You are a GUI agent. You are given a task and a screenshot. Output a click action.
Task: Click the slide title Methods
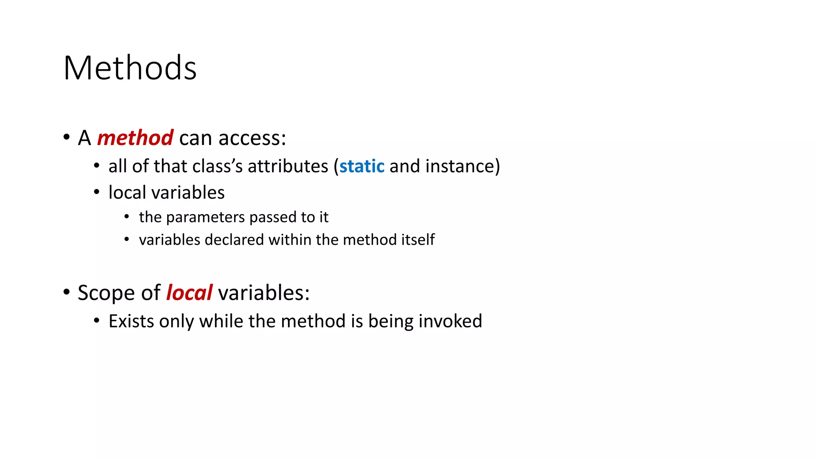(130, 68)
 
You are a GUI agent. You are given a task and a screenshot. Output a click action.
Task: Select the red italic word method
(135, 138)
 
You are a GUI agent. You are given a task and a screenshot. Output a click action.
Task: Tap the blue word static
(362, 166)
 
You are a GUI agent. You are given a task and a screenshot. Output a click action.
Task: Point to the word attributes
(288, 166)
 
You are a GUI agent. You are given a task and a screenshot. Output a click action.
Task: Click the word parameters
(205, 217)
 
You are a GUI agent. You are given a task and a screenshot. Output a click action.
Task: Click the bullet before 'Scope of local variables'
(66, 292)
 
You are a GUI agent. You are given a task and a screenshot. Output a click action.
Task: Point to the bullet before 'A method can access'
(66, 137)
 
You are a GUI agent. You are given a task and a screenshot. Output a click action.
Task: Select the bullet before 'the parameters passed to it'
(126, 217)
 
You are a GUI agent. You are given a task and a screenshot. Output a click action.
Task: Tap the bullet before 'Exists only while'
(97, 320)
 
